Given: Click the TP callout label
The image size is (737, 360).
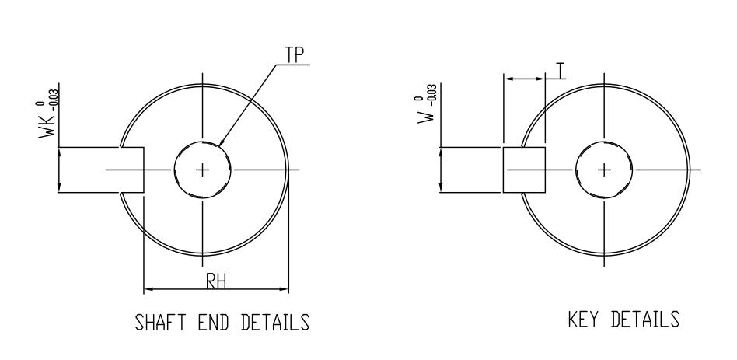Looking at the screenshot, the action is coord(295,55).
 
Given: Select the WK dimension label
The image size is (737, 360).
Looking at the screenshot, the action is coord(47,126).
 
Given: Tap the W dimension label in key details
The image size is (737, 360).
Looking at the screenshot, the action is coord(426,115).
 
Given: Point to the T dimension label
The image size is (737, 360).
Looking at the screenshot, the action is coord(560,71).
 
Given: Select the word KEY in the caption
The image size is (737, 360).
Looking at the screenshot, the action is coord(583,319).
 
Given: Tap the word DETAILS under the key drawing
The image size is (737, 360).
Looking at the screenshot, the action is coord(645,319).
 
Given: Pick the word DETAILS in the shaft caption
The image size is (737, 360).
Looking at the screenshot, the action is coord(275,323).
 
